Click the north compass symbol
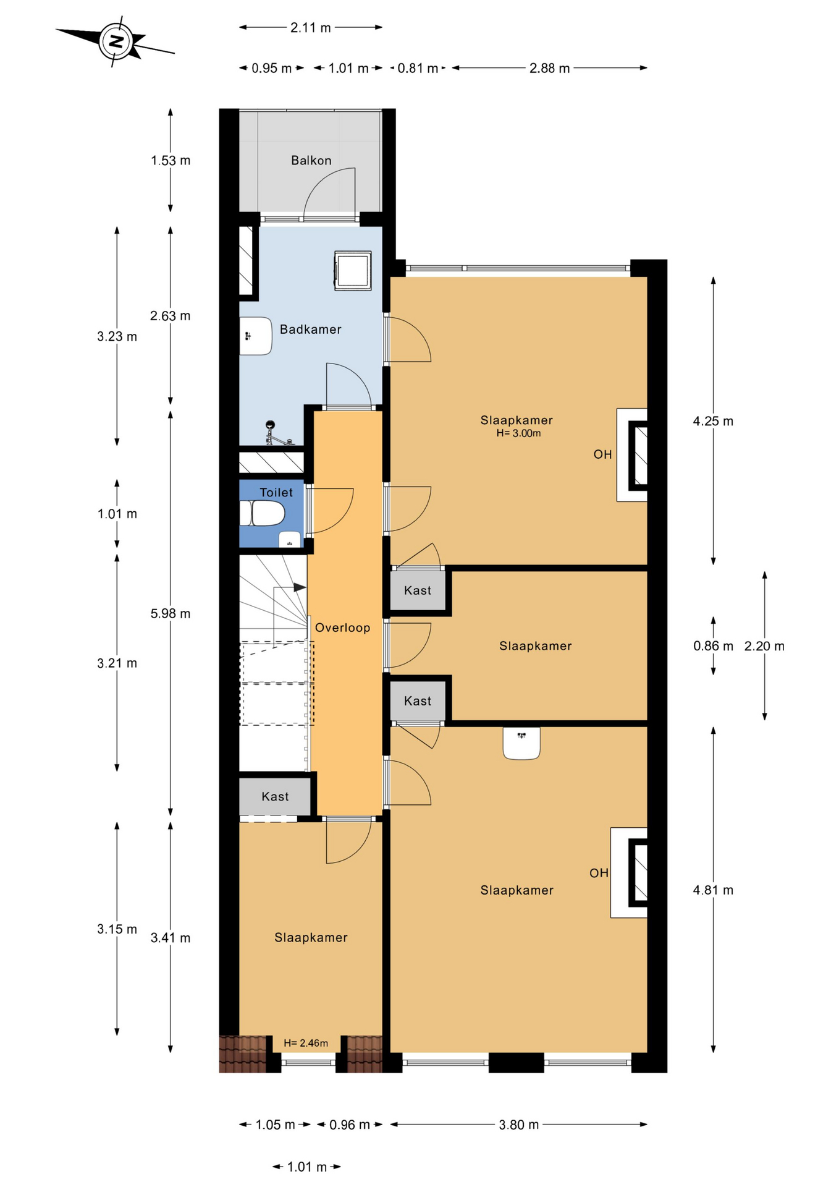click(117, 42)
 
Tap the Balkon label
click(311, 161)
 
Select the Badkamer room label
click(311, 330)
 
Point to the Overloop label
click(343, 628)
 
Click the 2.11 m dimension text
click(311, 27)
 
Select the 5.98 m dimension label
click(171, 613)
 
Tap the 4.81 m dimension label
click(713, 890)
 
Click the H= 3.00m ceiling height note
click(519, 433)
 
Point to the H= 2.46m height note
click(306, 1043)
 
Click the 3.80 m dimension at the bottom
click(519, 1125)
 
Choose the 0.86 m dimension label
click(713, 646)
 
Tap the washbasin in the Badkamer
click(256, 336)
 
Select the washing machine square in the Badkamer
click(353, 270)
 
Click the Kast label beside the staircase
click(275, 797)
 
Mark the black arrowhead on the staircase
click(300, 587)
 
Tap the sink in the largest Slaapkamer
click(521, 742)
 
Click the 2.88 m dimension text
click(549, 68)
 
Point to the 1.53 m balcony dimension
click(171, 161)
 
